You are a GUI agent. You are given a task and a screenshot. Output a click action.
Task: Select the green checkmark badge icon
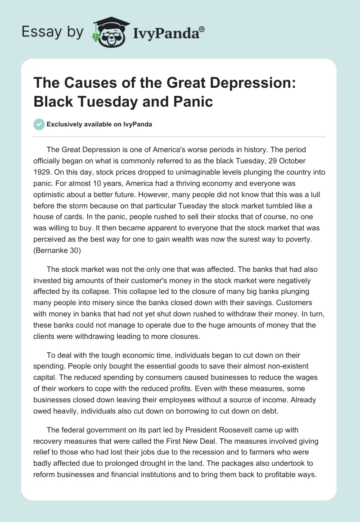click(x=39, y=125)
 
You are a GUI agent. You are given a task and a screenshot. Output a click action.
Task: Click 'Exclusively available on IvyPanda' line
click(x=99, y=125)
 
